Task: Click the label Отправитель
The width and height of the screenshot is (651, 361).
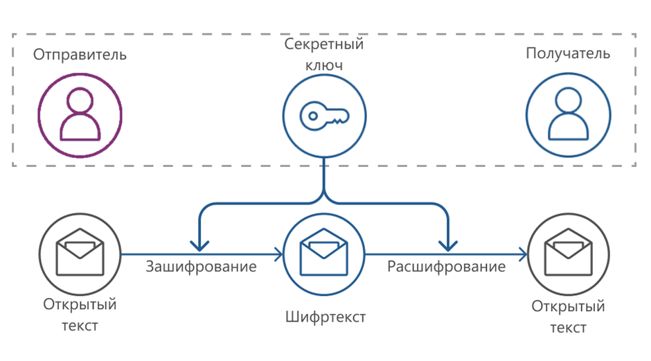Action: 80,55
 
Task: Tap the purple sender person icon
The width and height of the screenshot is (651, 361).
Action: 80,115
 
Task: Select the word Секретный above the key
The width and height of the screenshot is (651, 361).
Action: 324,44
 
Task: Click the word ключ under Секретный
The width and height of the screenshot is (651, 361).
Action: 324,65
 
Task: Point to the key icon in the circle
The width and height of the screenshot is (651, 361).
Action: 324,114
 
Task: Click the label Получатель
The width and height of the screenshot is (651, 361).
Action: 568,54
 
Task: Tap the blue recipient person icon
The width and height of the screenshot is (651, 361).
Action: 568,115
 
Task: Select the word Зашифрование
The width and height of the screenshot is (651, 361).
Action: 201,266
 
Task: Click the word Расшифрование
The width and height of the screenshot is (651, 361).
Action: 446,266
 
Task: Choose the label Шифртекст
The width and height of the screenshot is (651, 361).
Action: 325,317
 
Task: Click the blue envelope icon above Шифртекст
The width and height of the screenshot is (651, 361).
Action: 325,254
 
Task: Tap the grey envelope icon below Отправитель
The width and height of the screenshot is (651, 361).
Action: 80,255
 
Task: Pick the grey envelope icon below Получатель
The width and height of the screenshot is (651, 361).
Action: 569,255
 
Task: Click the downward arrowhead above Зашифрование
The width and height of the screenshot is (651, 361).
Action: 200,244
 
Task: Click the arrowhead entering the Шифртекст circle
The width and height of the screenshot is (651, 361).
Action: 278,255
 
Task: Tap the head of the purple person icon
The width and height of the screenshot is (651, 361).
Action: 80,102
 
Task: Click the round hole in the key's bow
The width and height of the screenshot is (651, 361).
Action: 312,116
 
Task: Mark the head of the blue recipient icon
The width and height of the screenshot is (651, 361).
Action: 569,102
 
